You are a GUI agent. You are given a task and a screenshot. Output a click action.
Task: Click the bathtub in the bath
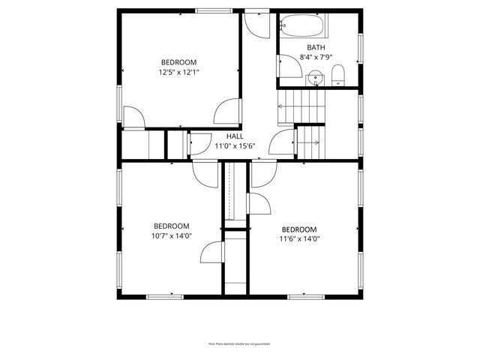click(x=304, y=28)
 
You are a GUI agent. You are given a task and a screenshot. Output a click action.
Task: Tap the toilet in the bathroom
click(x=337, y=75)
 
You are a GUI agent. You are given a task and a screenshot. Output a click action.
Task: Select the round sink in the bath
click(x=316, y=76)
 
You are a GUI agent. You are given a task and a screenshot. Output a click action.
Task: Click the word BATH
click(x=315, y=46)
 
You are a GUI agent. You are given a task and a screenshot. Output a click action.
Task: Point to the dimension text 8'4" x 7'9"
click(x=315, y=57)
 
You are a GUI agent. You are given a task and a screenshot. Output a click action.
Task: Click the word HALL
click(x=235, y=136)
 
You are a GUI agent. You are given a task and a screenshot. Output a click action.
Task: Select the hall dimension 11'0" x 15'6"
click(x=235, y=146)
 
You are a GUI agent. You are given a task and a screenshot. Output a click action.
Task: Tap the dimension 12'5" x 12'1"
click(x=178, y=73)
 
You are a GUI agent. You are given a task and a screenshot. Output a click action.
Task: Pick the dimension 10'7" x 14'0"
click(x=172, y=236)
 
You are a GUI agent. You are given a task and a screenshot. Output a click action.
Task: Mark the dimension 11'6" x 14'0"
click(x=299, y=240)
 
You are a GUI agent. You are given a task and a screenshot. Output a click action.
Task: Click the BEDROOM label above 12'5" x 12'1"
click(x=178, y=62)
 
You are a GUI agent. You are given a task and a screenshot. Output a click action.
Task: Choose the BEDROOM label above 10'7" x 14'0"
click(x=172, y=226)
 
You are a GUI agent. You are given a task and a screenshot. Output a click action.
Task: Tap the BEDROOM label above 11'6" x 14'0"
click(x=299, y=229)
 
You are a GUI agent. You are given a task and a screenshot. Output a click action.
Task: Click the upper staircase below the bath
click(x=303, y=106)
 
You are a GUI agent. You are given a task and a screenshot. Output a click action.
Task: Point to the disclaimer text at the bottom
click(x=239, y=343)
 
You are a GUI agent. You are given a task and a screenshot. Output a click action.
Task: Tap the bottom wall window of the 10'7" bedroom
click(x=164, y=297)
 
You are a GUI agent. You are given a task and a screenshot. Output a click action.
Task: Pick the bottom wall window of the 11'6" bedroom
click(x=307, y=297)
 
